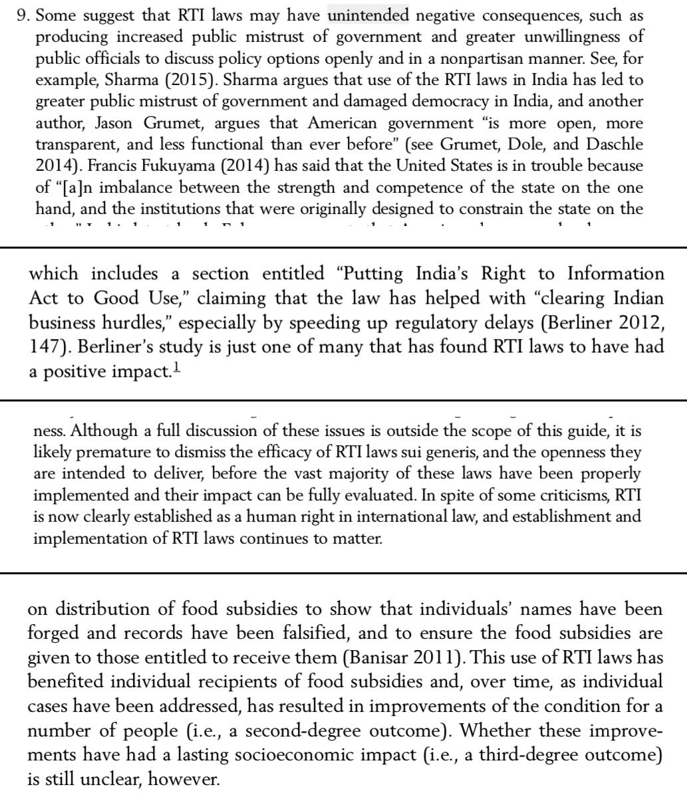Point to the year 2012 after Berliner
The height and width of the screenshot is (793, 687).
pyautogui.click(x=636, y=324)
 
